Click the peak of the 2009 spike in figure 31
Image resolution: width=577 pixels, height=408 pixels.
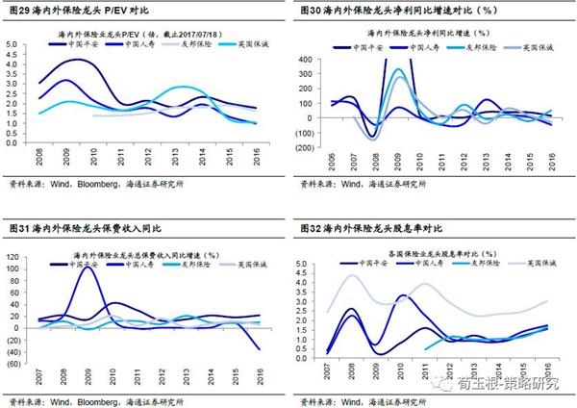click(x=88, y=268)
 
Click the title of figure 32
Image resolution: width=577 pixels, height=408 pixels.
click(x=370, y=228)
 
